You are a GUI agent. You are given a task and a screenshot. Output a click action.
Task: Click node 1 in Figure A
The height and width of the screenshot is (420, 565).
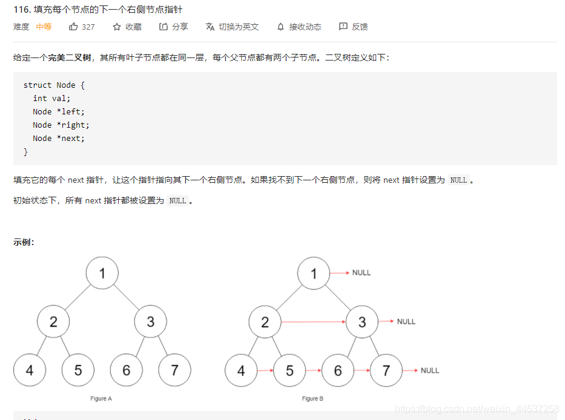[102, 273]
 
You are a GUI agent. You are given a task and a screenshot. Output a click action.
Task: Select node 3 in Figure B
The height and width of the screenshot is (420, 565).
[362, 322]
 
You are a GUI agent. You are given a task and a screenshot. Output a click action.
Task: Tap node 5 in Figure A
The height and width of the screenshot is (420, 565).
[78, 370]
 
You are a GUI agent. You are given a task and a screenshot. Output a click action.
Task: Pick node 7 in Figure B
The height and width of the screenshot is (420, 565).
[386, 370]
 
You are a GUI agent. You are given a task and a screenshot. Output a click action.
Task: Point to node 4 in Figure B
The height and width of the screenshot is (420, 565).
[241, 370]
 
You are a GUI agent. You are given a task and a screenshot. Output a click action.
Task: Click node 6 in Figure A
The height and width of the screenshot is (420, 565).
[127, 370]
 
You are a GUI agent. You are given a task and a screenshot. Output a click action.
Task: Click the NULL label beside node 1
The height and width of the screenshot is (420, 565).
[362, 273]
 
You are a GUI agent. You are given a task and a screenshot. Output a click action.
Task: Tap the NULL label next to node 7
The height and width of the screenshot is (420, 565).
[430, 370]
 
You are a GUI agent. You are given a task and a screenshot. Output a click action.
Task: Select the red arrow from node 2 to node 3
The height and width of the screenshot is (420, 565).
[313, 322]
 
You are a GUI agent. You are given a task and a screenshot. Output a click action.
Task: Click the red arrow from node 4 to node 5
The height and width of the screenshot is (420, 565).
[265, 370]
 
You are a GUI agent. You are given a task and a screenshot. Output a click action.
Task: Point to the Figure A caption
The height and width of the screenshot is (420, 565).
[101, 399]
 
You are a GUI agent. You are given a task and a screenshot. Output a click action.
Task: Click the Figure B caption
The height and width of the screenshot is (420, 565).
[312, 399]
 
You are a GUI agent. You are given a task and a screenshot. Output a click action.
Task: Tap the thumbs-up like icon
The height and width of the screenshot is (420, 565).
[73, 27]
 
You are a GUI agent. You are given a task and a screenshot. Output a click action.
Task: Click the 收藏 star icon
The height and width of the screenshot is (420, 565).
[117, 27]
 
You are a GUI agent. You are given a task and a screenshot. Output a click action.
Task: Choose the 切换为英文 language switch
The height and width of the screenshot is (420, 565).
[232, 27]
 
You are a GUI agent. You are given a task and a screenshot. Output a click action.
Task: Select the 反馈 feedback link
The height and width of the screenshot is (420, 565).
[354, 27]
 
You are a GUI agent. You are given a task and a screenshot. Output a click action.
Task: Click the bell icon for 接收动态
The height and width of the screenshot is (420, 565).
[280, 27]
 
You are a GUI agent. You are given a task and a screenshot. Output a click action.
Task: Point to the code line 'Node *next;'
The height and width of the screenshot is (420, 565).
[59, 138]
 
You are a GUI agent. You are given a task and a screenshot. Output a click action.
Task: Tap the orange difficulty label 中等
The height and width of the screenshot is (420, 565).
[44, 27]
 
